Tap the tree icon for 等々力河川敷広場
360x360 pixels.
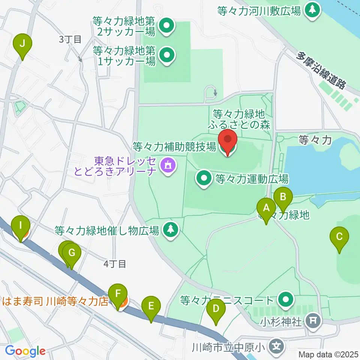pyautogui.click(x=312, y=10)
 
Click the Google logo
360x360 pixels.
pyautogui.click(x=25, y=351)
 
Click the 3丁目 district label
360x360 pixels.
pyautogui.click(x=70, y=39)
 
